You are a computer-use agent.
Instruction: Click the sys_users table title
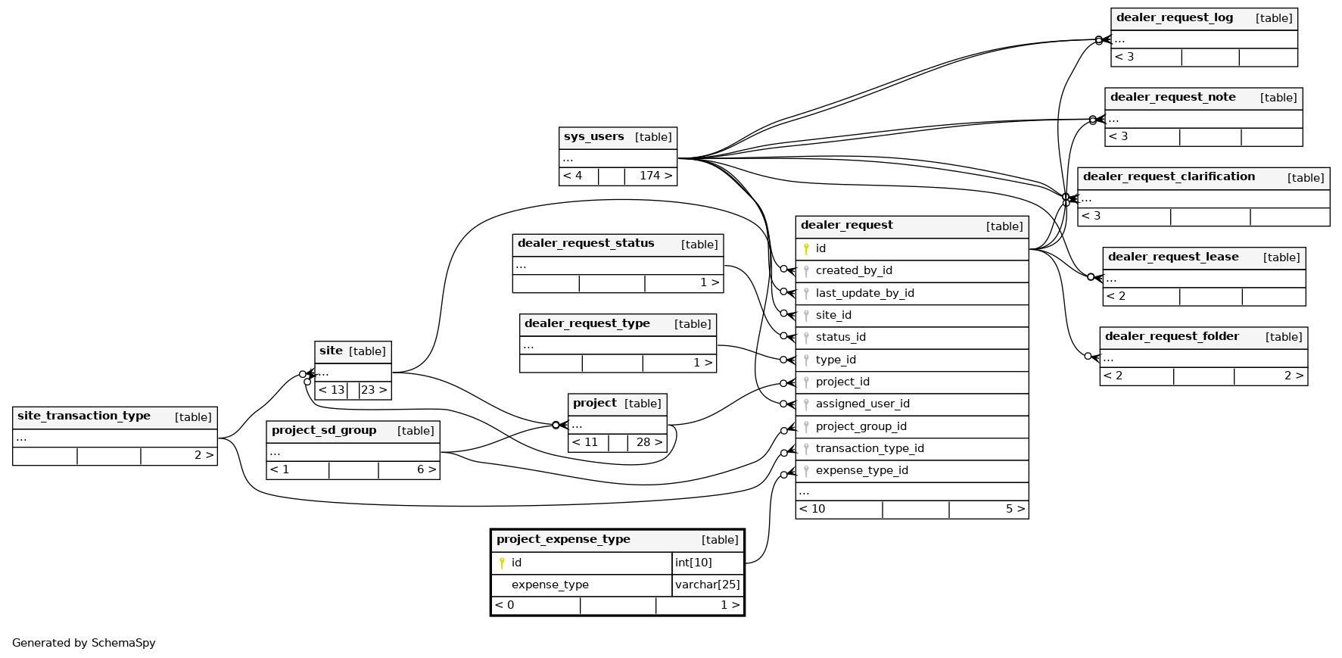594,137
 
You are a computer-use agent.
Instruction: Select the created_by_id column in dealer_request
854,271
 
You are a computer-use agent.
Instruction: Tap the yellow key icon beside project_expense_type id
502,563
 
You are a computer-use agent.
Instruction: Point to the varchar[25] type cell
707,585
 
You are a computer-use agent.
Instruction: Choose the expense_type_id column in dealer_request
861,471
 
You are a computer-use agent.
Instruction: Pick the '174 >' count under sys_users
655,176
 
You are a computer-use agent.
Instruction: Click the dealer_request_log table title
1174,18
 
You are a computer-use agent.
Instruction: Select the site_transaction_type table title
84,416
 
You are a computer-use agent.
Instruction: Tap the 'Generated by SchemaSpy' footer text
84,643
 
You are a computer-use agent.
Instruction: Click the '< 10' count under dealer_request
812,509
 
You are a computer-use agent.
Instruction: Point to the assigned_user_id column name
862,404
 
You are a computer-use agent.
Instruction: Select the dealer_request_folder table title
1171,337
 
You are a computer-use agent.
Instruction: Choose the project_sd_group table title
324,431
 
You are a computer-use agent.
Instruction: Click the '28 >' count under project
649,442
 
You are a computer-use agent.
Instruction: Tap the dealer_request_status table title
586,244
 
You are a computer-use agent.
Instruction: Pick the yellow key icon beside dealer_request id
806,248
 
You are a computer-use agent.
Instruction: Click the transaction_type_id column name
870,449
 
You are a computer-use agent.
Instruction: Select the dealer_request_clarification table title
1169,177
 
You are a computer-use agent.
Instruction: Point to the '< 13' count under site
331,390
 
